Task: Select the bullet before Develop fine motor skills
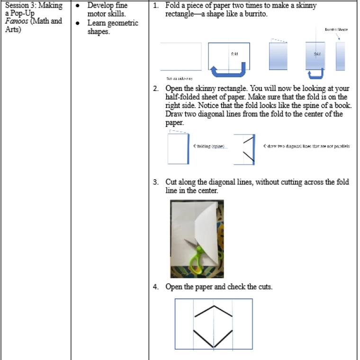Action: tap(78, 6)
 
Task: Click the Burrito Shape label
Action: tap(336, 29)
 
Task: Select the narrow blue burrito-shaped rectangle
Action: tap(340, 56)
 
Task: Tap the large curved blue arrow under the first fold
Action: tap(228, 71)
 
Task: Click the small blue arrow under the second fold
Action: tap(315, 73)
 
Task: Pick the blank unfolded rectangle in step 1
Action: tap(180, 56)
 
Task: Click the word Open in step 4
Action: tap(174, 287)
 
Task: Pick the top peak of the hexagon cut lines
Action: tap(213, 306)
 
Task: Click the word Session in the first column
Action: tap(15, 6)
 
